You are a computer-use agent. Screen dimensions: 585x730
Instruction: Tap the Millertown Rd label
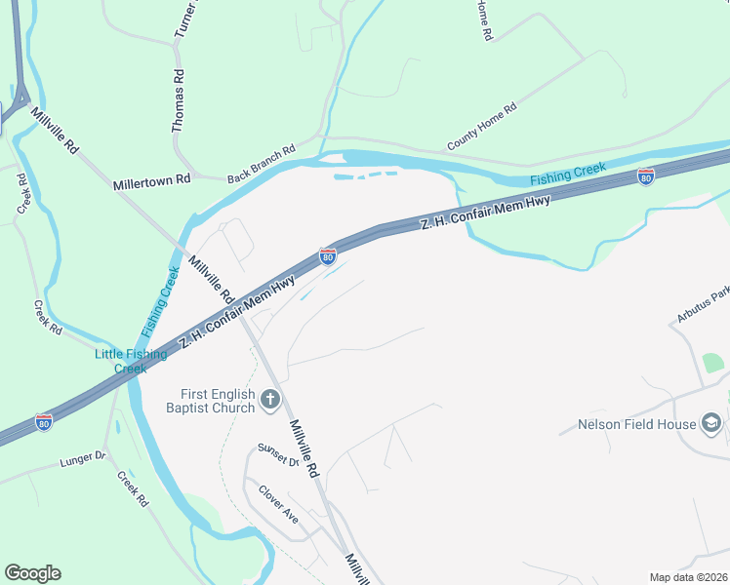tap(151, 182)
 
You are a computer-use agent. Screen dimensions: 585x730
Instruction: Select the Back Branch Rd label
tap(261, 165)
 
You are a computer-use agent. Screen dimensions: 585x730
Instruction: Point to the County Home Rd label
tap(481, 128)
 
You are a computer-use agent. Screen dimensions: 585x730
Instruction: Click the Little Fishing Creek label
tap(130, 361)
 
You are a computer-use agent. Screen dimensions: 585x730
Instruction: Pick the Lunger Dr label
tap(81, 456)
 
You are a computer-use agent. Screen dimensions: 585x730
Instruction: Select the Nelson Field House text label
tap(636, 424)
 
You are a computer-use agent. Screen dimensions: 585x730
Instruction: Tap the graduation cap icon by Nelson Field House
tap(712, 423)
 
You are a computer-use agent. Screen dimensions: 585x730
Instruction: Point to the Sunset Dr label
tap(278, 456)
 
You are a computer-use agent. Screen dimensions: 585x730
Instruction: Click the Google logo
tap(32, 573)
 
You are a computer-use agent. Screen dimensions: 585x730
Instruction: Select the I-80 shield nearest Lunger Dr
tap(44, 422)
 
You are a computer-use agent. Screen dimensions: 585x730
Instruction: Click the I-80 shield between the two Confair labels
tap(328, 256)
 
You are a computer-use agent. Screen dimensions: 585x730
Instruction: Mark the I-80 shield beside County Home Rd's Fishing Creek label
tap(645, 176)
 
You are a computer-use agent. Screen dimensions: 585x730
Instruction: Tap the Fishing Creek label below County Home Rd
tap(568, 175)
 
